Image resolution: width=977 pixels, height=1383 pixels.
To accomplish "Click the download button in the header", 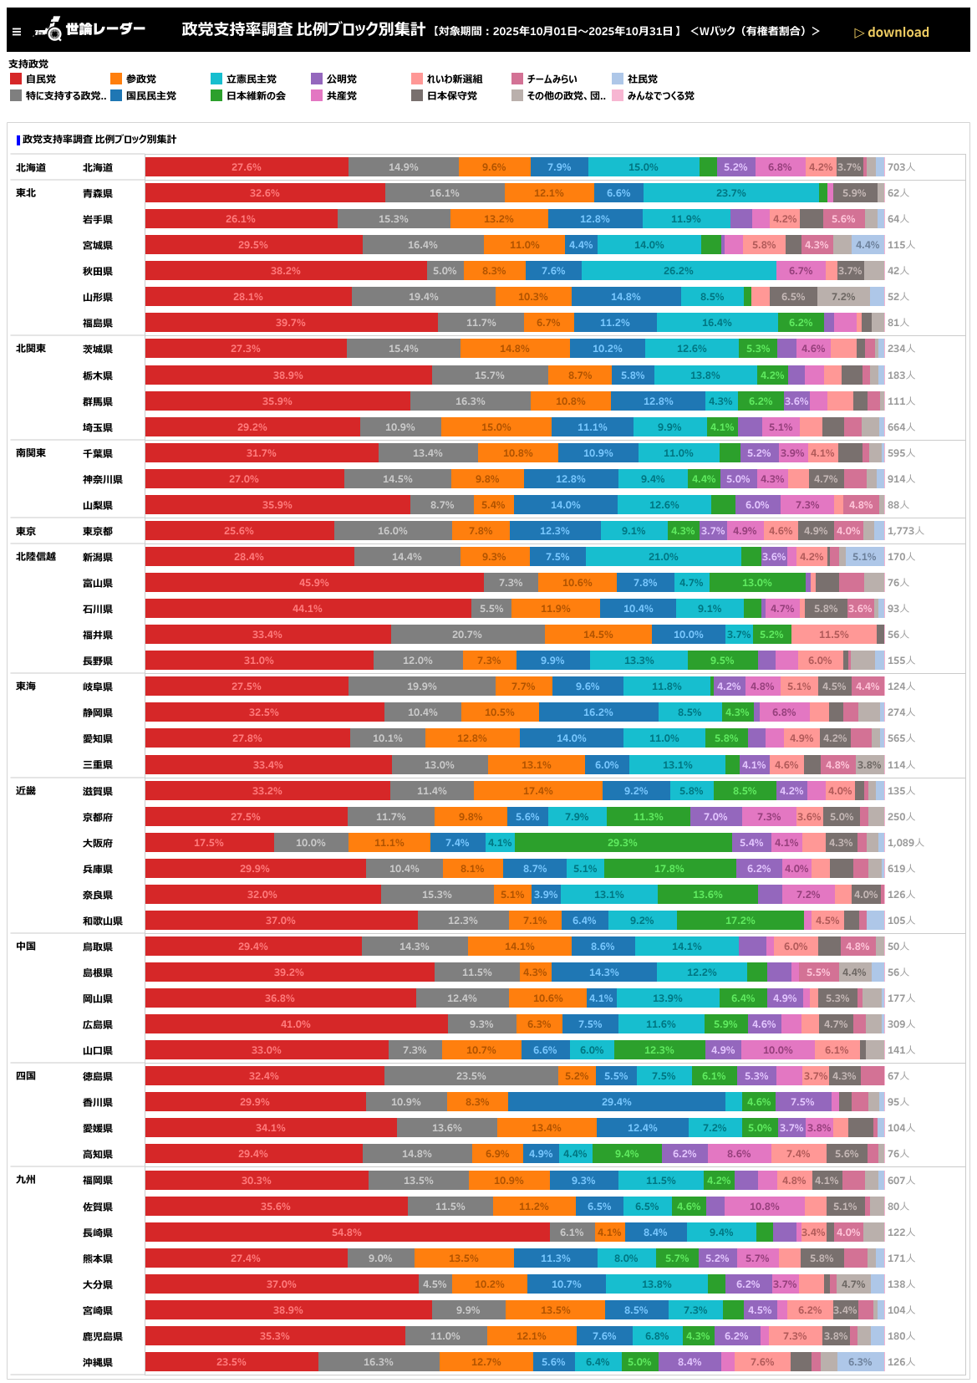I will click(x=892, y=33).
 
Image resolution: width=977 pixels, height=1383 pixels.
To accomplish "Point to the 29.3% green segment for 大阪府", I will click(x=623, y=843).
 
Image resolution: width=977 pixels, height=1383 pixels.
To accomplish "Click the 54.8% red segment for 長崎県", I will click(x=347, y=1232).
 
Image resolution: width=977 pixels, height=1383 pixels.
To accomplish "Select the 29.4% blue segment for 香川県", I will click(x=616, y=1102).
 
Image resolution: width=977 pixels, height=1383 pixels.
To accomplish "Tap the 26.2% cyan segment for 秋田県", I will click(x=679, y=271).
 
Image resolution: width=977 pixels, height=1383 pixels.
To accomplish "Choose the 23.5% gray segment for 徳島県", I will click(x=471, y=1076).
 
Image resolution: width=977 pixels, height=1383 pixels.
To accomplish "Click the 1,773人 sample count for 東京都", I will click(x=905, y=531).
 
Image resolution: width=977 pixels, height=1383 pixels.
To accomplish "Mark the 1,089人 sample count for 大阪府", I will click(x=905, y=843).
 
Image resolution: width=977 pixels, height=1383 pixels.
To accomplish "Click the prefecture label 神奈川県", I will click(x=103, y=479).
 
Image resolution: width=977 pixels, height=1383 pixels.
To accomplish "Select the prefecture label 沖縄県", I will click(x=98, y=1362).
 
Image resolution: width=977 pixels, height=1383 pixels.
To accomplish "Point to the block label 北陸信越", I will click(x=36, y=557).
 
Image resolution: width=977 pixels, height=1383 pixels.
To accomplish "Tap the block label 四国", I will click(x=26, y=1076).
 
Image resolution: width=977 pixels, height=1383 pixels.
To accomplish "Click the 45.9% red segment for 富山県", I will click(x=314, y=583).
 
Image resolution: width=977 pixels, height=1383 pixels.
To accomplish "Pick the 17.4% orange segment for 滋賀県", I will click(x=537, y=791).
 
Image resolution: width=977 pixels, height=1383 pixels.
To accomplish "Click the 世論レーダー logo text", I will click(x=105, y=29).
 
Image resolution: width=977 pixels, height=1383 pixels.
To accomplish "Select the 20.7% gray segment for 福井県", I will click(x=467, y=635).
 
